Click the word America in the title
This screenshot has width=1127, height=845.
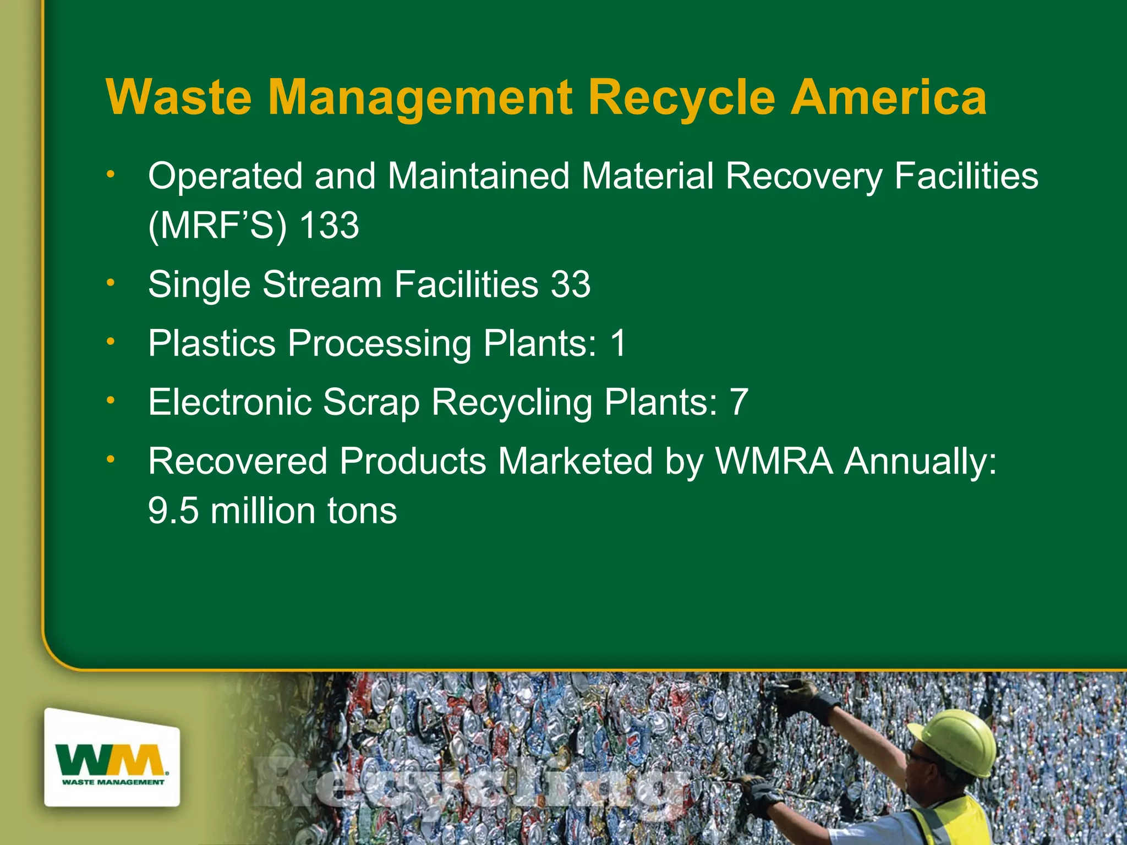(x=888, y=97)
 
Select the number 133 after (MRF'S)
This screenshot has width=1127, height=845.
(x=329, y=226)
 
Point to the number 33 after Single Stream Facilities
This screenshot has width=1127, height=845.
(x=571, y=284)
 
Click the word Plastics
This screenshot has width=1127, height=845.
(x=212, y=343)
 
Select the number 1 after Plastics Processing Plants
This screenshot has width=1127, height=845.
(x=618, y=343)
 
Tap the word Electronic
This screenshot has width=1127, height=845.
(x=230, y=402)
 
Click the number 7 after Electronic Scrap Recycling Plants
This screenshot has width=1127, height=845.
(x=738, y=402)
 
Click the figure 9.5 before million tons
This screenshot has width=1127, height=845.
(x=173, y=511)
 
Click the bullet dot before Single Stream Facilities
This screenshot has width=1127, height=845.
(x=111, y=283)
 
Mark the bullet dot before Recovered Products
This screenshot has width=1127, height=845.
(x=111, y=459)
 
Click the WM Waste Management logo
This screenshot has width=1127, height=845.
(x=112, y=758)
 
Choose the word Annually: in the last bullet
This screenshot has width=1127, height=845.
(x=920, y=461)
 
